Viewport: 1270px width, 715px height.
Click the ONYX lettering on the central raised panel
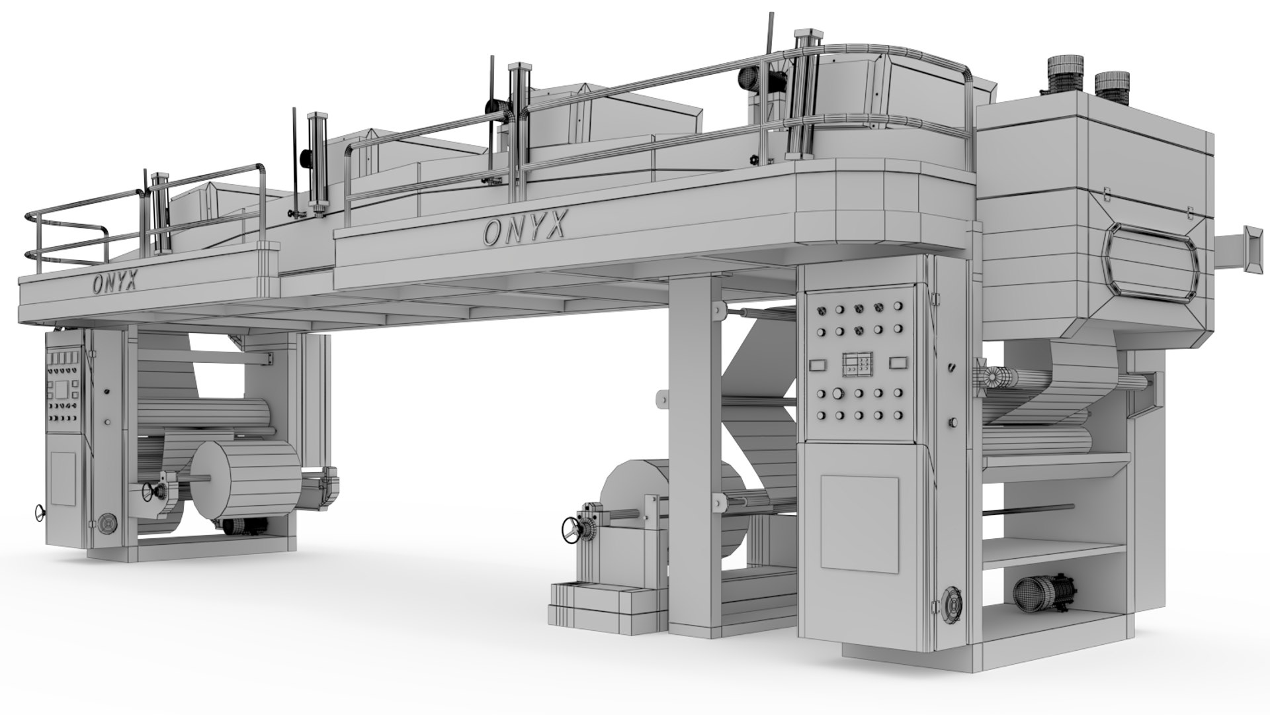point(525,228)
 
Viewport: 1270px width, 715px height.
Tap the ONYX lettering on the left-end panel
point(114,283)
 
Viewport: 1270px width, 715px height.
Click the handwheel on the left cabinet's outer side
point(41,512)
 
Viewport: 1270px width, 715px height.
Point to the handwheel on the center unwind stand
point(570,529)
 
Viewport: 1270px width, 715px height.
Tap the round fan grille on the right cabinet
point(951,603)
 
